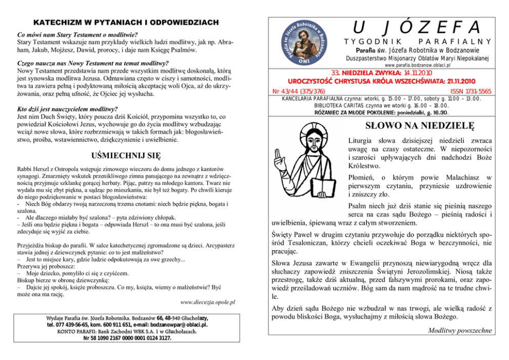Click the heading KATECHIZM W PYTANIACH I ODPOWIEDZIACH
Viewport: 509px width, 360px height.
click(126, 23)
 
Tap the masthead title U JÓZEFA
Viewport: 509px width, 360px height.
click(416, 26)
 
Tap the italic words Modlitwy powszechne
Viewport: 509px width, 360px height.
click(460, 331)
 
